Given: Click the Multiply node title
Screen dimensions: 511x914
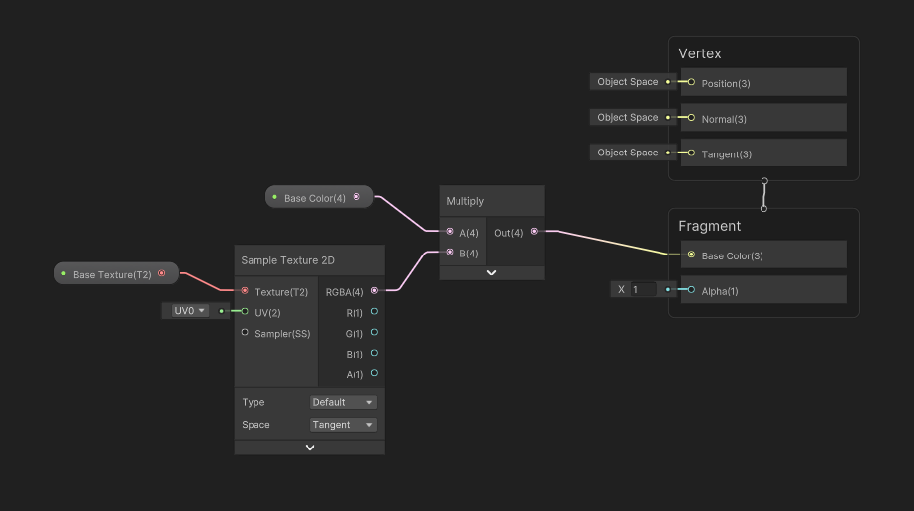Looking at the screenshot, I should (x=465, y=201).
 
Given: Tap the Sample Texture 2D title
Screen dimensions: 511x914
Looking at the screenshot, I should (x=288, y=260).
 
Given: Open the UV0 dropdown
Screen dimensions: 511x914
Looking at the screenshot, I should (x=190, y=311).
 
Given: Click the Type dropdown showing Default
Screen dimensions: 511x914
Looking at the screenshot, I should (x=343, y=402).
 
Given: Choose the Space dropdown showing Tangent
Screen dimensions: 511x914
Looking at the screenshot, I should (x=343, y=425).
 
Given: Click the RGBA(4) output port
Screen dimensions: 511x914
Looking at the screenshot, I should (x=374, y=291).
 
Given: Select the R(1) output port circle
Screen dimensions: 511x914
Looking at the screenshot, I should (x=374, y=312).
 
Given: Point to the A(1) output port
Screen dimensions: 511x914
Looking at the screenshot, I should (x=374, y=374).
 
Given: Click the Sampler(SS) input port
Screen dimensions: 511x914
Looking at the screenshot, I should (x=245, y=333).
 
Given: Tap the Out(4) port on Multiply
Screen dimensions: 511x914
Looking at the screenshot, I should (x=534, y=232).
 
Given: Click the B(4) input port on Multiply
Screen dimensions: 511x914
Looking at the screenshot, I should (x=450, y=253).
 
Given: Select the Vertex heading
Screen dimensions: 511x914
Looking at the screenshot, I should (x=700, y=53).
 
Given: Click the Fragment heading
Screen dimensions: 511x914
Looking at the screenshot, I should (x=709, y=226).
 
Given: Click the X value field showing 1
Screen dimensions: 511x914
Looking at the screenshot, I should (x=643, y=290).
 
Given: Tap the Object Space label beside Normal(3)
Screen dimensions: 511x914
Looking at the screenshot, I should (x=628, y=117).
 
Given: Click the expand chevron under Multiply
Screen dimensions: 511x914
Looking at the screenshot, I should (x=491, y=273).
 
